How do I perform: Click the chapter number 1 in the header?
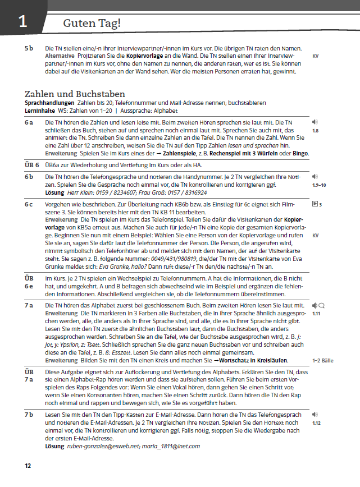[x=22, y=22]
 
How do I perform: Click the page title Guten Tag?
[x=92, y=23]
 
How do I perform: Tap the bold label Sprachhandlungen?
[x=48, y=103]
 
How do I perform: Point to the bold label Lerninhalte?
[x=41, y=110]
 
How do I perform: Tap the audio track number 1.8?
[x=315, y=130]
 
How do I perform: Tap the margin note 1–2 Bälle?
[x=322, y=360]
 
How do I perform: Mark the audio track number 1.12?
[x=316, y=422]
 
